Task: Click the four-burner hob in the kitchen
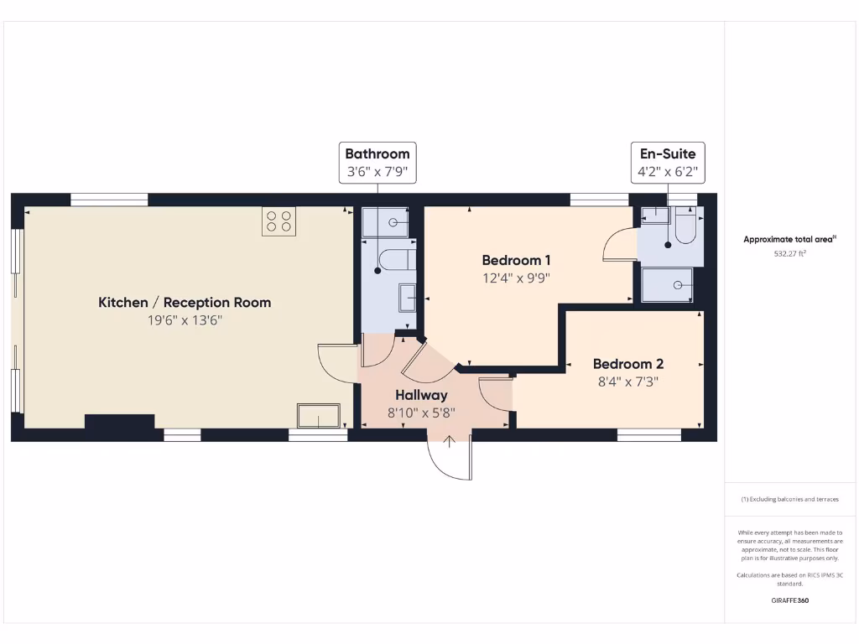click(279, 221)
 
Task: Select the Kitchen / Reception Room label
click(185, 302)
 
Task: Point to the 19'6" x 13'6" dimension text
click(185, 320)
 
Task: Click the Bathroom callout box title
click(377, 153)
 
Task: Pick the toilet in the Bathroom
click(393, 260)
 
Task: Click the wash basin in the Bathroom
click(407, 297)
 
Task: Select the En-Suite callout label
click(668, 153)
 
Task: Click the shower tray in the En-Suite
click(668, 284)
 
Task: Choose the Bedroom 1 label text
click(516, 260)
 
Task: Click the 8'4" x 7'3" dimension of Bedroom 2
click(627, 382)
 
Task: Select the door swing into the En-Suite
click(618, 247)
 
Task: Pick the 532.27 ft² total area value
click(789, 252)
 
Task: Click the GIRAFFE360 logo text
click(789, 600)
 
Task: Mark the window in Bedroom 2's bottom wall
click(649, 434)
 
